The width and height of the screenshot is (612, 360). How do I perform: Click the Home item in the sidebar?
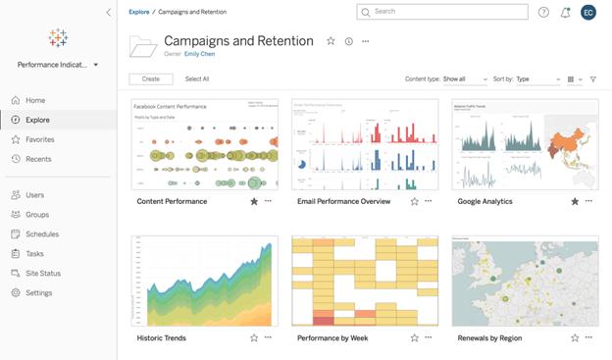[35, 100]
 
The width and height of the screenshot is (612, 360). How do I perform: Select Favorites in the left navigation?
[39, 139]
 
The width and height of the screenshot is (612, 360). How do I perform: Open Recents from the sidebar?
[38, 159]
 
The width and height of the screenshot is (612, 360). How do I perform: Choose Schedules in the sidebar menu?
[41, 234]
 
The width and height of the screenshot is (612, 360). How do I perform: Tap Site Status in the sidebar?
[42, 273]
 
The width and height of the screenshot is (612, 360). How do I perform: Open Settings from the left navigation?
[39, 292]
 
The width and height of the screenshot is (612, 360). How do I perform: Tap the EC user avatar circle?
[588, 12]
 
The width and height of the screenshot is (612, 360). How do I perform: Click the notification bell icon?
[565, 12]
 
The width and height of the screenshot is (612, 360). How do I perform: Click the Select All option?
[197, 78]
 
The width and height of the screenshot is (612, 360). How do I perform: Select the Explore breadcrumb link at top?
[138, 12]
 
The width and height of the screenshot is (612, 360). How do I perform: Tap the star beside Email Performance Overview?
[414, 201]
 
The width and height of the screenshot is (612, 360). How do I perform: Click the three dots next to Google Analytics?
[588, 201]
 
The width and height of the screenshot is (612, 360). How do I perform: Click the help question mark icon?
[543, 12]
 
